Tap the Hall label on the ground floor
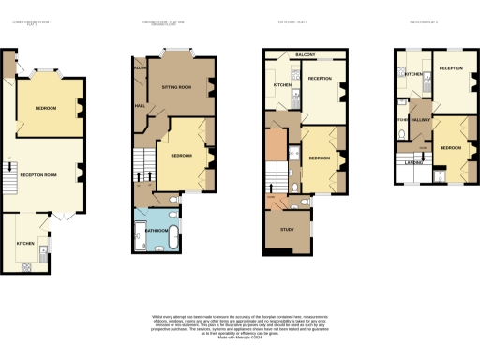(x=140, y=105)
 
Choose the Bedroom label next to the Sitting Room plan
(x=183, y=156)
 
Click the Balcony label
(x=305, y=55)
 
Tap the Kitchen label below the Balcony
(x=282, y=85)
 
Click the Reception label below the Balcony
(x=320, y=79)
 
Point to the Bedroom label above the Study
(x=319, y=158)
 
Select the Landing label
(x=414, y=161)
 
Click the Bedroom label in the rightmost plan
(x=450, y=147)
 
